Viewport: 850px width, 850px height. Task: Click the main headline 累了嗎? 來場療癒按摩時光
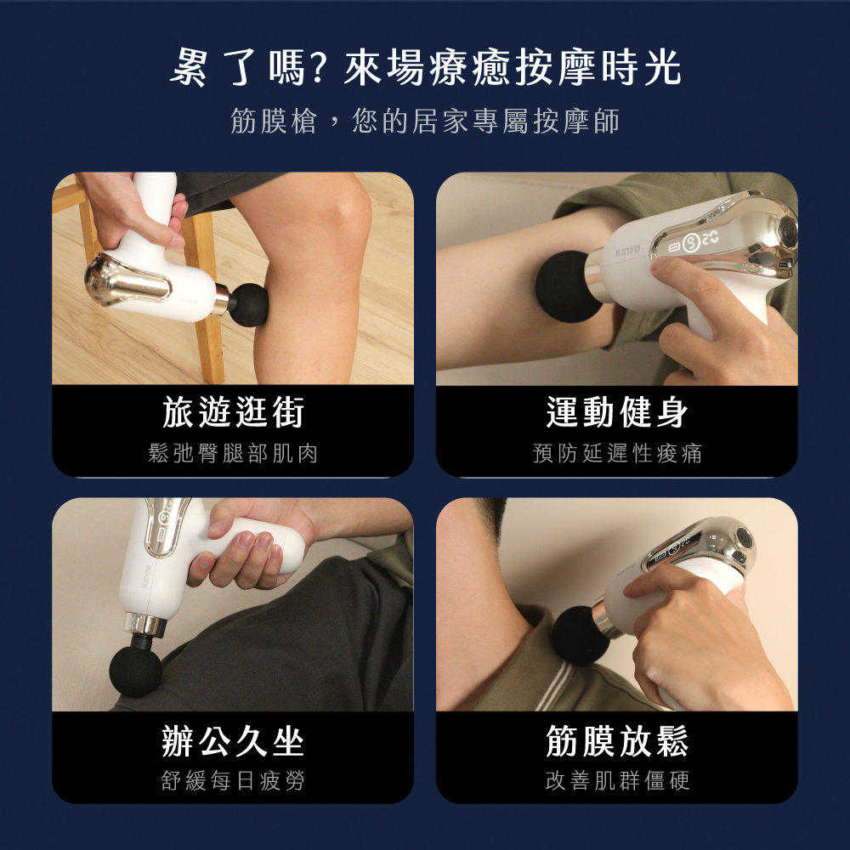426,68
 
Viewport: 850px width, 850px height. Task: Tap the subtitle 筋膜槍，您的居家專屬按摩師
426,121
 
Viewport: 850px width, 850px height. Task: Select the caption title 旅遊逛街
233,412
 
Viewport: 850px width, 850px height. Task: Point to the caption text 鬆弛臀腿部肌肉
233,453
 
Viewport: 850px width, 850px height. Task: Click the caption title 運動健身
617,412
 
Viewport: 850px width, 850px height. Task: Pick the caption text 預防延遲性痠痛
617,453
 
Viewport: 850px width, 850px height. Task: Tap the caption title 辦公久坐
233,741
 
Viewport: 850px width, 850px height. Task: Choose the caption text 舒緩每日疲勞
233,780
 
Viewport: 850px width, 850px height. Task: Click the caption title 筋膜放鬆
617,741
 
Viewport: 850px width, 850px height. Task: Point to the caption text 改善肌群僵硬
617,780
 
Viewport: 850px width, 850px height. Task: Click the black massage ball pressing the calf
249,304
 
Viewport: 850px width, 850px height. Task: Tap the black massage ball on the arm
566,286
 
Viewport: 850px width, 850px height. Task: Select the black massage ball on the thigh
135,670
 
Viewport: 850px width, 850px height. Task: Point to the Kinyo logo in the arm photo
627,251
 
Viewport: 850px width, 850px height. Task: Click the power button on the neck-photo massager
745,541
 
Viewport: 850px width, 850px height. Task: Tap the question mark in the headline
318,68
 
